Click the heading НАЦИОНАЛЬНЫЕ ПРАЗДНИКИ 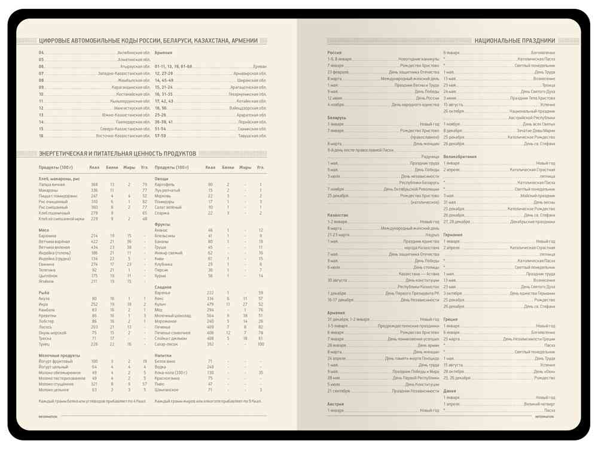pos(514,41)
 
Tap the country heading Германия pos(453,235)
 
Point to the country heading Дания pos(450,391)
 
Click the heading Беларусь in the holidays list pos(337,118)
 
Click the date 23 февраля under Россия pos(338,72)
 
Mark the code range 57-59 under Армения pos(160,135)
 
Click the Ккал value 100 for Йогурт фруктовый pos(94,362)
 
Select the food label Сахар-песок pos(166,344)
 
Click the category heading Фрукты pos(163,224)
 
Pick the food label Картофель pos(164,184)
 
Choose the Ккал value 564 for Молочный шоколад pos(210,315)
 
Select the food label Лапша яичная pos(52,184)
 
